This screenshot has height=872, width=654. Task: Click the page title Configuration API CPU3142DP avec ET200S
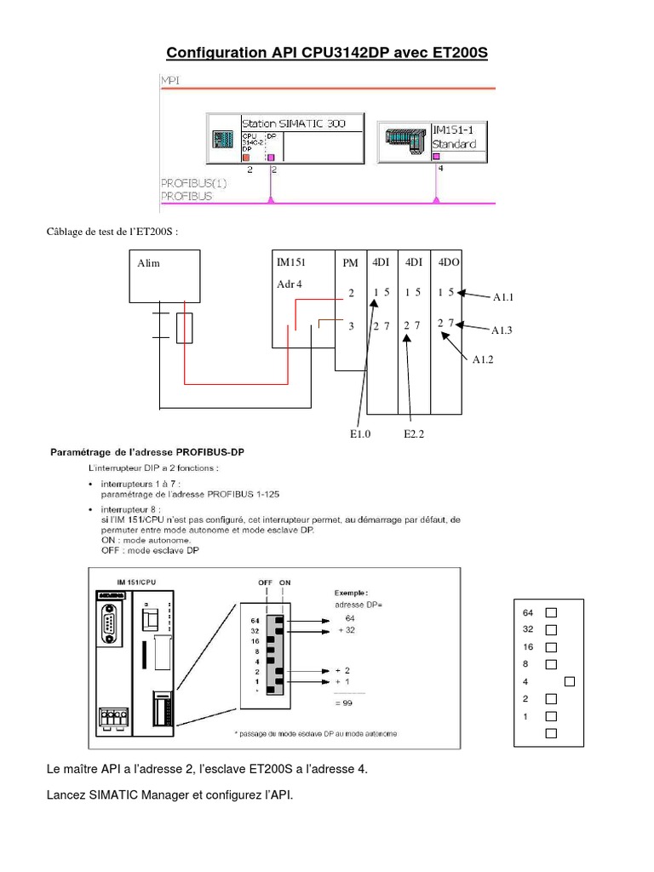(327, 54)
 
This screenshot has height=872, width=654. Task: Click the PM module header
(350, 264)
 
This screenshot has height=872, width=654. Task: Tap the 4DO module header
(448, 263)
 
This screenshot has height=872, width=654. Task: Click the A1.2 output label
(484, 359)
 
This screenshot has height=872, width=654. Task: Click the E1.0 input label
(361, 433)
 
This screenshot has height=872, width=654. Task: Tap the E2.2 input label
(415, 433)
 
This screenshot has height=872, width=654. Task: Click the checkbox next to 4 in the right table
(570, 681)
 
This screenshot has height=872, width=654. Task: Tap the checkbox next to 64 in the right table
(550, 612)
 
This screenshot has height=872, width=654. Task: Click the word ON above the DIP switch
(284, 582)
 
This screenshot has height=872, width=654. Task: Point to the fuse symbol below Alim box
(185, 327)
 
